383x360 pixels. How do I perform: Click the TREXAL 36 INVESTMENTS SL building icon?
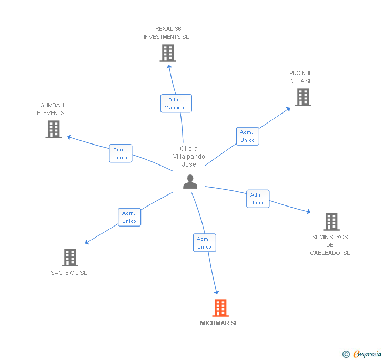pos(168,53)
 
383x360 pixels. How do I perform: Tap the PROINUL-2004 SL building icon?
pos(303,97)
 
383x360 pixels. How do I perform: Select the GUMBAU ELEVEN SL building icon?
pos(54,129)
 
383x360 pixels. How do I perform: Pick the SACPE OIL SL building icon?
pos(70,258)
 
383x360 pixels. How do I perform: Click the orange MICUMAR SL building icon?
pos(220,308)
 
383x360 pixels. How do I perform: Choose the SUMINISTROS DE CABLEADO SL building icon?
pos(331,222)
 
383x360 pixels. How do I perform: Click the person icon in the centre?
pos(190,182)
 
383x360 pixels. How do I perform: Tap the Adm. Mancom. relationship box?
pos(176,104)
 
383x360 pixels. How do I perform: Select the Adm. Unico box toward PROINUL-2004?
pos(247,136)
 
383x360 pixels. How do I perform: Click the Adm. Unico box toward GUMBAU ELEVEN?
pos(120,153)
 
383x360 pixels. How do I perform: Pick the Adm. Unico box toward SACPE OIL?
pos(129,217)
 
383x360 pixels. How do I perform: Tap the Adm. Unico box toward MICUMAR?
pos(204,243)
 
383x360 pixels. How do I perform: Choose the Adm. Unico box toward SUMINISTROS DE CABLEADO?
pos(258,199)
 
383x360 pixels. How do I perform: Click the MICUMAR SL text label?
pos(219,323)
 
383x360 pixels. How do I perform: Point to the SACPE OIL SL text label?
pos(69,273)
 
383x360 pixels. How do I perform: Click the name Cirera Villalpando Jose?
pos(189,157)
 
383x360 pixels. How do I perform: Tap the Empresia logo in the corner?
pos(362,354)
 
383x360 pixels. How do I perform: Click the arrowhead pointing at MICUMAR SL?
pos(216,292)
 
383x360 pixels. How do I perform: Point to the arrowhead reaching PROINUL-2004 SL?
pos(288,109)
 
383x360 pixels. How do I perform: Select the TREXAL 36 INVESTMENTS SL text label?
pos(166,33)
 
